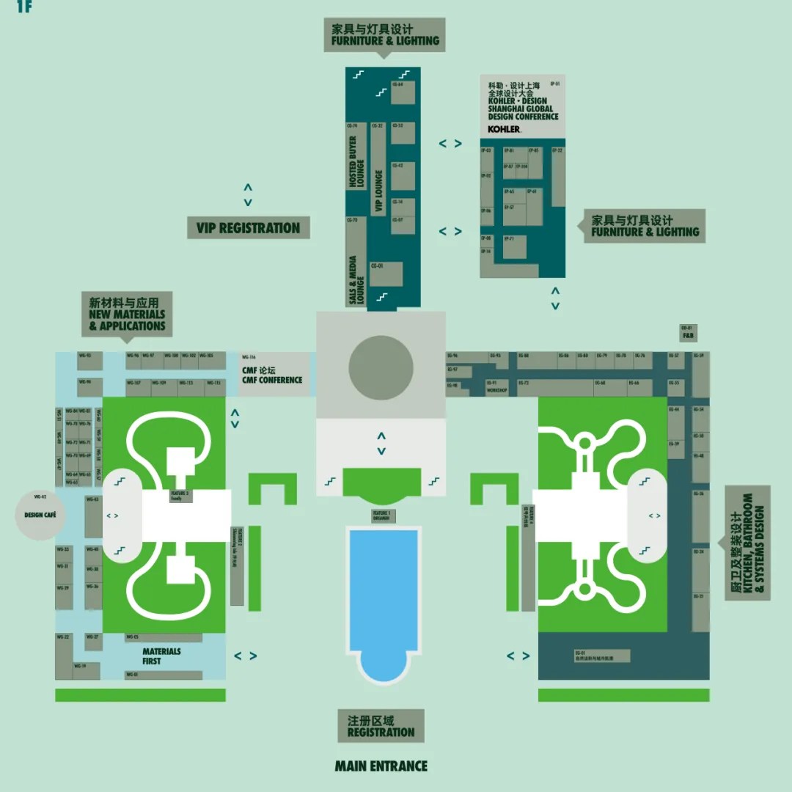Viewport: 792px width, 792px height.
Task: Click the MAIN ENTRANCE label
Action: tap(381, 766)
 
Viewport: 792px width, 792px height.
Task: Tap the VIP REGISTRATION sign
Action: tap(248, 228)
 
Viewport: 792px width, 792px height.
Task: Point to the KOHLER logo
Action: tap(504, 129)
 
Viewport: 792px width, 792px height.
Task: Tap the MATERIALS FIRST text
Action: tap(161, 656)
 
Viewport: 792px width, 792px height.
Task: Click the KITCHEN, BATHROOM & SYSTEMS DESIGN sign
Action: tap(748, 543)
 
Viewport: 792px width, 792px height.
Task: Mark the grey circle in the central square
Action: tap(381, 367)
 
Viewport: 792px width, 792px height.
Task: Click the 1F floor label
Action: tap(24, 7)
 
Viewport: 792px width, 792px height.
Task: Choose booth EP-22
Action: tap(558, 176)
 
